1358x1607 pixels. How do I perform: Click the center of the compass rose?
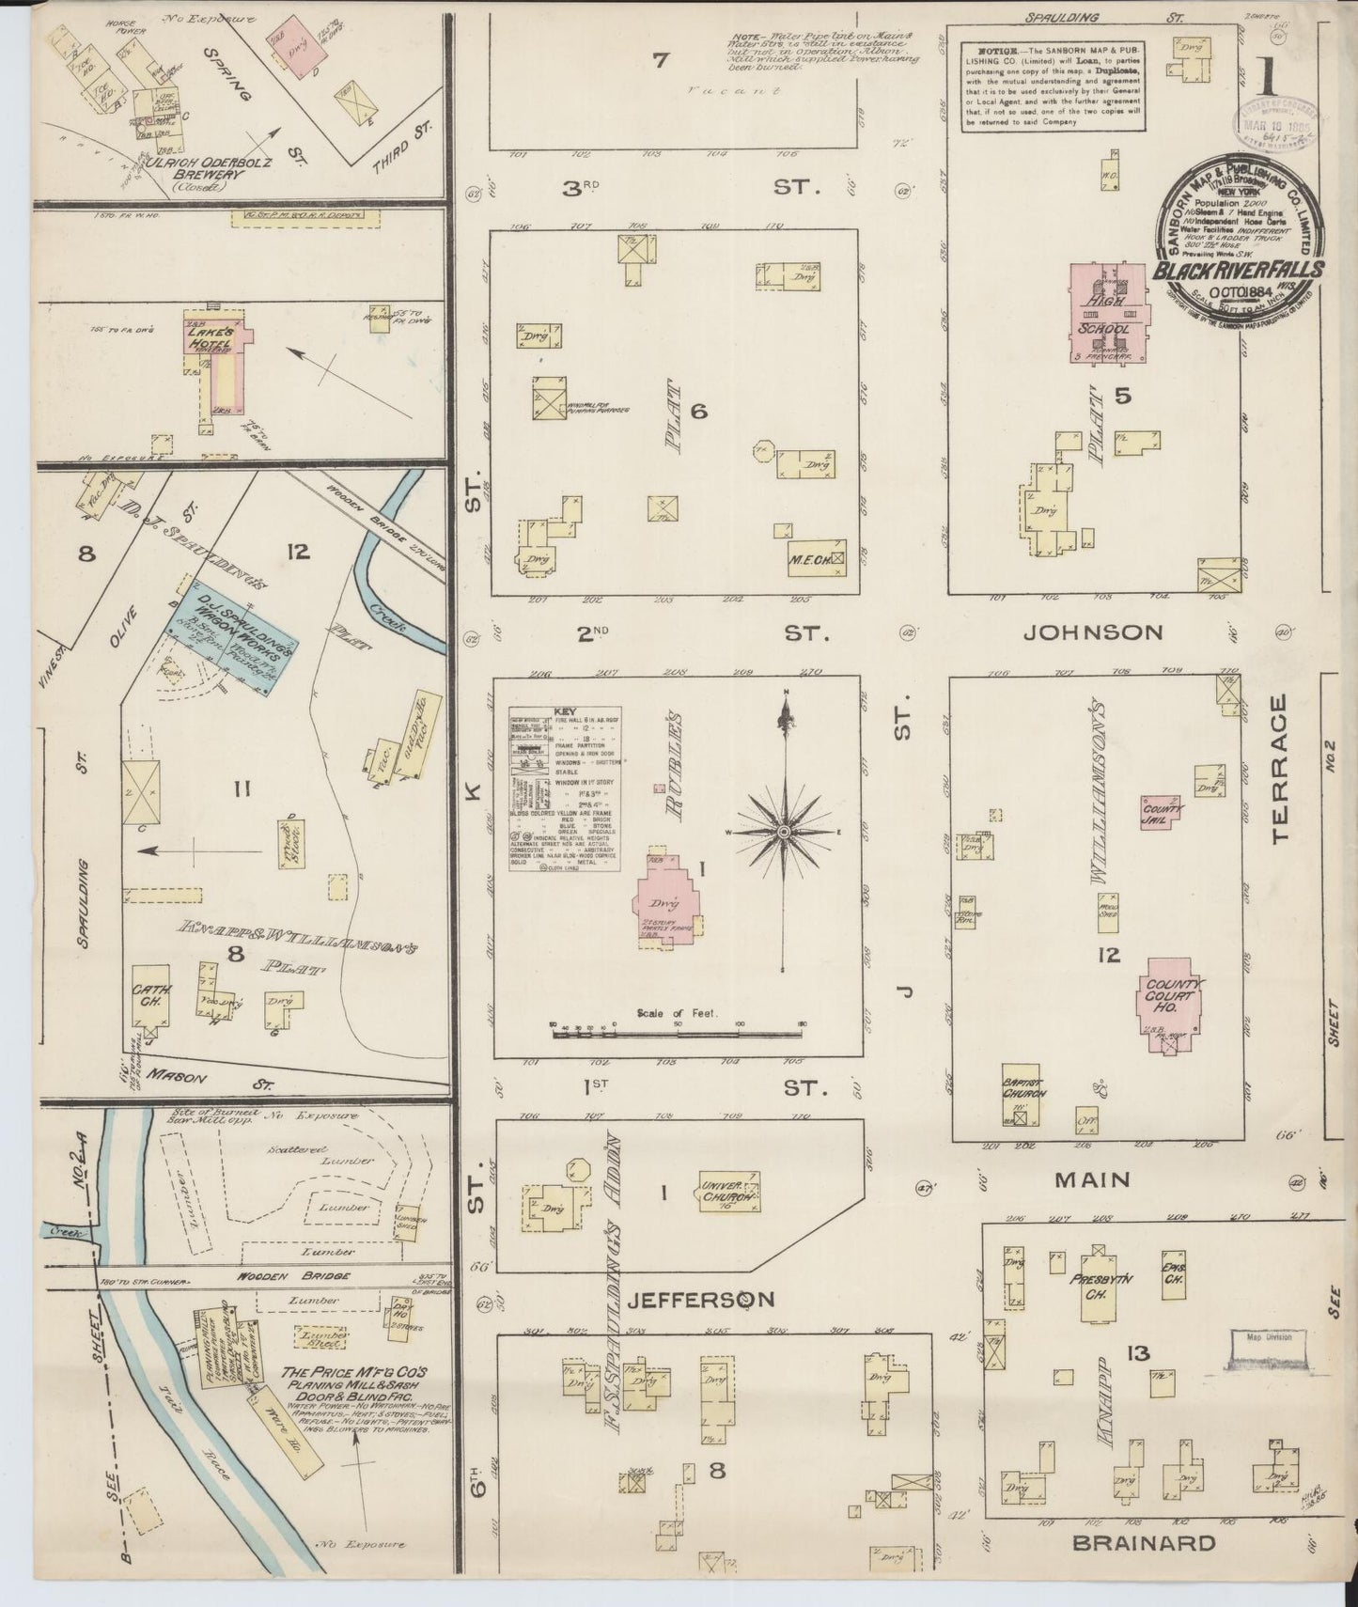[783, 833]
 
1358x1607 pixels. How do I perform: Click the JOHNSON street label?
[1091, 632]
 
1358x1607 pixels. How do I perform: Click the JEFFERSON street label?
[700, 1300]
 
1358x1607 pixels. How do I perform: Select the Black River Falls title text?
[1239, 271]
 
